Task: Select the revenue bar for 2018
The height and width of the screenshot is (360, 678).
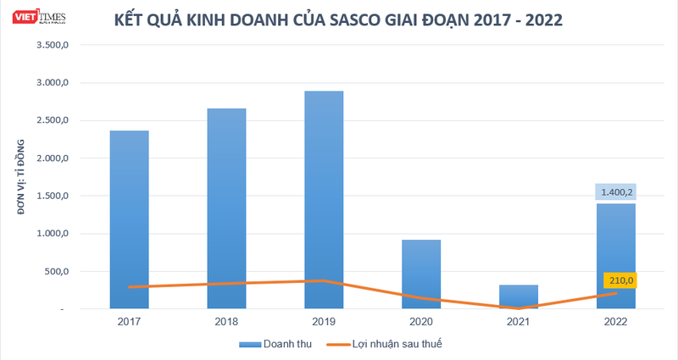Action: (x=226, y=208)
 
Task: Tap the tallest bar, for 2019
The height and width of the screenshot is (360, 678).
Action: (x=324, y=199)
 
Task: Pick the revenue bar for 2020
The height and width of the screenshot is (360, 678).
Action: (x=421, y=274)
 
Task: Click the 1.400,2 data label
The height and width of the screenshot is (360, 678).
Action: (x=615, y=193)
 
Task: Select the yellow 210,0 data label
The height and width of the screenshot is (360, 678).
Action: (x=620, y=280)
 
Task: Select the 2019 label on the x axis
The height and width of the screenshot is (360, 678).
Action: (x=324, y=323)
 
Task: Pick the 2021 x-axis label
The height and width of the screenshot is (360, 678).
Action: (x=518, y=323)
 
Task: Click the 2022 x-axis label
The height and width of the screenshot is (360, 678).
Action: (x=615, y=323)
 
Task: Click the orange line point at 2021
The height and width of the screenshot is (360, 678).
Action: (x=518, y=308)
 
